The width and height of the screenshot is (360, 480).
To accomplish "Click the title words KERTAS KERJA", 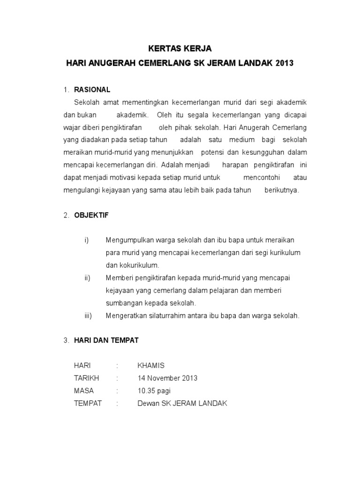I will pyautogui.click(x=180, y=49).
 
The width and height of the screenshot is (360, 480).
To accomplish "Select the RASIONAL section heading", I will pyautogui.click(x=92, y=90).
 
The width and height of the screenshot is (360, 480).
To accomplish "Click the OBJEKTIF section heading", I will pyautogui.click(x=91, y=215).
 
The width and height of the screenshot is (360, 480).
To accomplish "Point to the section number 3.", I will pyautogui.click(x=66, y=341).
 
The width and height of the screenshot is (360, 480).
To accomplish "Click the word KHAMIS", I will pyautogui.click(x=151, y=366).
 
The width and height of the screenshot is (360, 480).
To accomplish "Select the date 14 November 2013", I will pyautogui.click(x=167, y=378).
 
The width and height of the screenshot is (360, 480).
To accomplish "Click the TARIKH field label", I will pyautogui.click(x=87, y=378).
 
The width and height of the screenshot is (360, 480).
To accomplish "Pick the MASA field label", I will pyautogui.click(x=84, y=390).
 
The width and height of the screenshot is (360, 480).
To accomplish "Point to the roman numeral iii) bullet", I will pyautogui.click(x=88, y=315).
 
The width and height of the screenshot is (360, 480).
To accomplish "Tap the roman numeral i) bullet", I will pyautogui.click(x=86, y=240).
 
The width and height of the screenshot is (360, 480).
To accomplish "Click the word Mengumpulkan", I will pyautogui.click(x=127, y=240).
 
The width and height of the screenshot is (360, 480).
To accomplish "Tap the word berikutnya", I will pyautogui.click(x=281, y=190).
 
